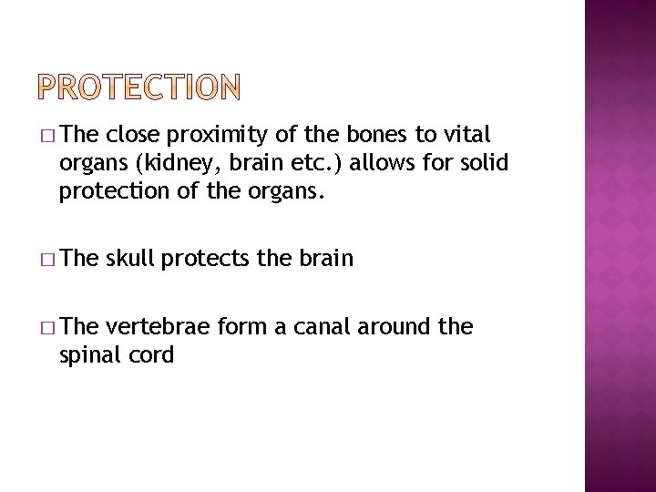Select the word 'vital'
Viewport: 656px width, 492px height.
466,136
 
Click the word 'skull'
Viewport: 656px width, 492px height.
130,258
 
